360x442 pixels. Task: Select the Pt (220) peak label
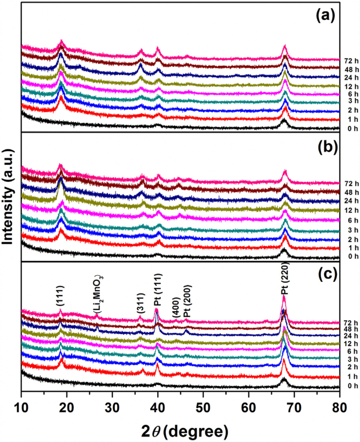pyautogui.click(x=285, y=278)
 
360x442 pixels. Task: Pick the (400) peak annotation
pyautogui.click(x=176, y=308)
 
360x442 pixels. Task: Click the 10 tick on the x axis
pyautogui.click(x=21, y=407)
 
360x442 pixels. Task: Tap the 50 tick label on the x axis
pyautogui.click(x=203, y=407)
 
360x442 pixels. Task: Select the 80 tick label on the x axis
pyautogui.click(x=339, y=407)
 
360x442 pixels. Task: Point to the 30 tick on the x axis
pyautogui.click(x=112, y=407)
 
